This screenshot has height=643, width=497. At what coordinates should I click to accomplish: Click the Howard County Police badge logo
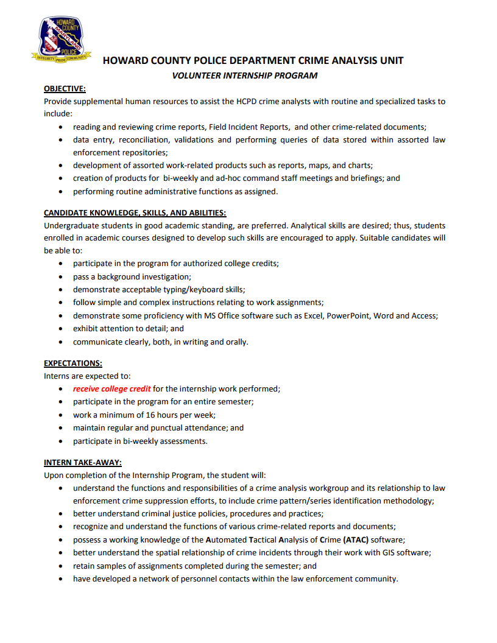pos(61,40)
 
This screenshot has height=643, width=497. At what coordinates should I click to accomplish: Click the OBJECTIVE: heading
pos(65,89)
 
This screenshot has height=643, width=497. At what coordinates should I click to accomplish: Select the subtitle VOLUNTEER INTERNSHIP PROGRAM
pos(245,76)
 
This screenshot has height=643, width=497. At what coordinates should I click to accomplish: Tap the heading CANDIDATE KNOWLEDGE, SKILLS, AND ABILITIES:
pos(135,213)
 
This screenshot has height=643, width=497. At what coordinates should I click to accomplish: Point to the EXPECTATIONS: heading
pos(72,364)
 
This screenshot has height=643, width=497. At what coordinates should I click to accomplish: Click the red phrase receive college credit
pos(111,388)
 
